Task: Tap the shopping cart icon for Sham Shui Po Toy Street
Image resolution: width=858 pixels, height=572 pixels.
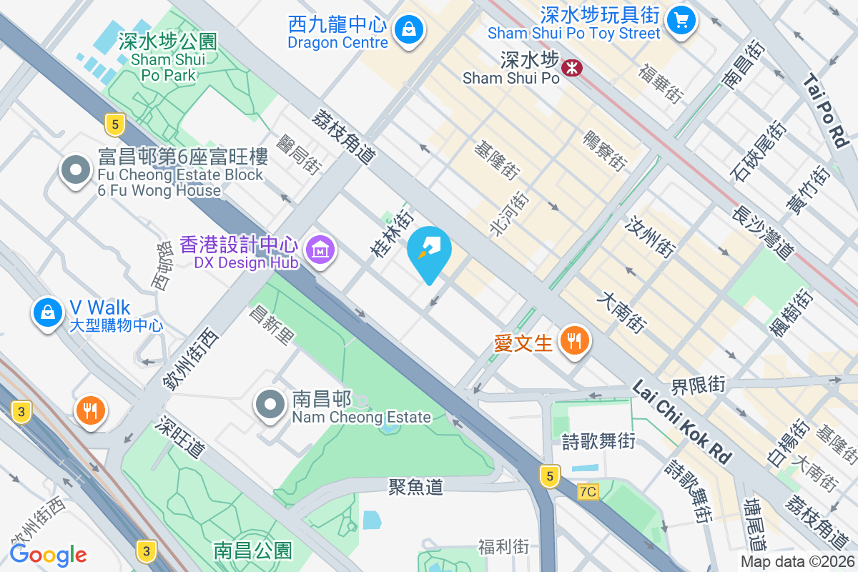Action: [681, 20]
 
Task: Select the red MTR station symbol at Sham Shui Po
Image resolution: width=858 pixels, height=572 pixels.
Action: [572, 68]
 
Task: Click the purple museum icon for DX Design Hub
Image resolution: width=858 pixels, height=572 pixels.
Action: [320, 250]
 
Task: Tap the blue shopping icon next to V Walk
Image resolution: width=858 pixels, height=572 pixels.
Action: [47, 312]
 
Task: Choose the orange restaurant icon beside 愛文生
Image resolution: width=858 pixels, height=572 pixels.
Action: [575, 341]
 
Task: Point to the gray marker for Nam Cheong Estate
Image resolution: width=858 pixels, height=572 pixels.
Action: [270, 405]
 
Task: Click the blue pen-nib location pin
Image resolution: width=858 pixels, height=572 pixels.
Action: [430, 252]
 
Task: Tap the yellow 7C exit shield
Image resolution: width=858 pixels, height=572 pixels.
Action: [587, 491]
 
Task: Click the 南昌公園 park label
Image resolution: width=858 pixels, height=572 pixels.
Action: [253, 551]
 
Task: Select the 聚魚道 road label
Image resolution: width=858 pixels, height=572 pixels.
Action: [415, 488]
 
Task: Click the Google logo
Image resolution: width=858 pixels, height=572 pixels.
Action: [48, 554]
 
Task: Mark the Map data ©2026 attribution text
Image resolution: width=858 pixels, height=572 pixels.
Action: [797, 562]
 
